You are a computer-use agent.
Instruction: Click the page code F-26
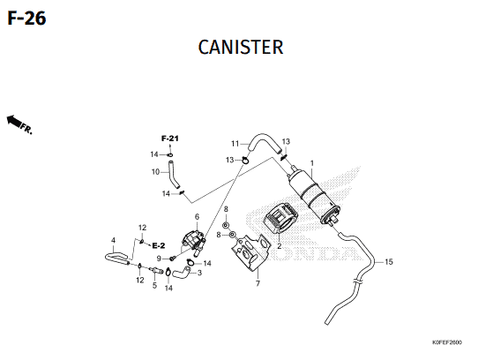[26, 18]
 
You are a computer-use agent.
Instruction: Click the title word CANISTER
[241, 48]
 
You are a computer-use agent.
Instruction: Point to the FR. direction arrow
[19, 124]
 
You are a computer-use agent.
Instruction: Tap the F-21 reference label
[170, 139]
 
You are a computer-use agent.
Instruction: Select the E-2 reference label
[159, 245]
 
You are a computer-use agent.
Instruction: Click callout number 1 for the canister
[312, 163]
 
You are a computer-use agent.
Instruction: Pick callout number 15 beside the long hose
[389, 262]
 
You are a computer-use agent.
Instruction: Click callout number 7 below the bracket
[258, 283]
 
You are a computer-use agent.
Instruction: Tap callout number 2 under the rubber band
[280, 245]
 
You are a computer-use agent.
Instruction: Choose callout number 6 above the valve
[197, 216]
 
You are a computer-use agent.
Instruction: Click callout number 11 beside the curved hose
[235, 144]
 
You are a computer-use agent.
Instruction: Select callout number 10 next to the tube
[156, 172]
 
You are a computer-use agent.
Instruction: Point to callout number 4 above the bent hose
[114, 240]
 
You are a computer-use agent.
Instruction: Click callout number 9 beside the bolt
[159, 259]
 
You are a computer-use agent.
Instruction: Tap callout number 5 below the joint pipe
[154, 286]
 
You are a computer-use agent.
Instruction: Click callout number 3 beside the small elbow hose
[199, 273]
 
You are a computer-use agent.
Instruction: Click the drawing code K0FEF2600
[447, 342]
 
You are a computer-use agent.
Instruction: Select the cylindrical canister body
[312, 196]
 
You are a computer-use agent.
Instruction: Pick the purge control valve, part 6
[193, 241]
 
